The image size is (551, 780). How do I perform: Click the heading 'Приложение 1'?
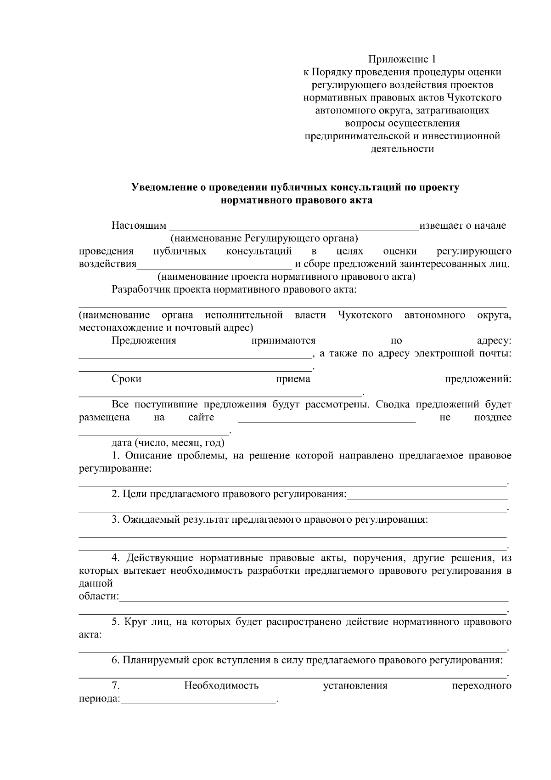click(402, 59)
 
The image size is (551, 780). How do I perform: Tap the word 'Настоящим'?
click(139, 226)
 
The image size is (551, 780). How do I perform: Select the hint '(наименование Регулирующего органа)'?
click(264, 238)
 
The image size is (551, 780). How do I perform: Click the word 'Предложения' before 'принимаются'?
click(144, 340)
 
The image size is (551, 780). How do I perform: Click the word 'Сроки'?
click(126, 379)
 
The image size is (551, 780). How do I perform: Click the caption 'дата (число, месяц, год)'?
click(168, 443)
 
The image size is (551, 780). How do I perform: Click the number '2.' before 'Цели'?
click(116, 494)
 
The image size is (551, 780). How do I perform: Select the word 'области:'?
click(98, 596)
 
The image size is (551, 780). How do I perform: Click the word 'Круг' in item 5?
click(135, 622)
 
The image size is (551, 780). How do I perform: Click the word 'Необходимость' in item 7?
click(221, 686)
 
